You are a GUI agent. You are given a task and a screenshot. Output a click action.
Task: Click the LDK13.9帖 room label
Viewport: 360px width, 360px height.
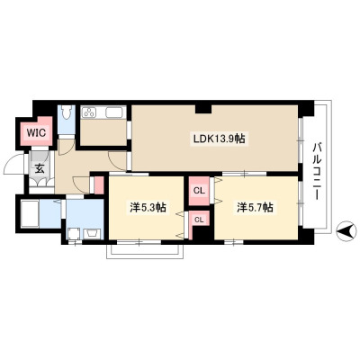220,139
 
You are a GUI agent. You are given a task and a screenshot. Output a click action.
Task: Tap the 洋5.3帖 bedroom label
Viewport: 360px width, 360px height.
148,208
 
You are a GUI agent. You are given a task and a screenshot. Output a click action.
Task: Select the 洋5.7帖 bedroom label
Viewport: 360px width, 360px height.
256,208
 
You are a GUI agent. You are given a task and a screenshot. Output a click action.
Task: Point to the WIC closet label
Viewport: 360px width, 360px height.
37,132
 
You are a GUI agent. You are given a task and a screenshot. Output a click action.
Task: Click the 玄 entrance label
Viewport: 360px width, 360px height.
40,168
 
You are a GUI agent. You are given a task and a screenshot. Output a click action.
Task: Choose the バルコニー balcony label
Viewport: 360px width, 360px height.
317,172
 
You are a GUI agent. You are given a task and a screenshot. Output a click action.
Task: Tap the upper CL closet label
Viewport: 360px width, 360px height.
199,191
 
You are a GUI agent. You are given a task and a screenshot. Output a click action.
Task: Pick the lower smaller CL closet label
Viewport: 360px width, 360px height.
199,220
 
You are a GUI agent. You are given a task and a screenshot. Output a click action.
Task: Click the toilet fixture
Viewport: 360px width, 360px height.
67,113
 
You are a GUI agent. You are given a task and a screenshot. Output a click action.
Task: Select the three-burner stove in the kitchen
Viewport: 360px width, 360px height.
89,112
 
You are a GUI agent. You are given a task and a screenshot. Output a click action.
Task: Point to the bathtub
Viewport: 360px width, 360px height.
30,214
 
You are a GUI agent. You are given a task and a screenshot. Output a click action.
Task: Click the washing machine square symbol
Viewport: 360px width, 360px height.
74,234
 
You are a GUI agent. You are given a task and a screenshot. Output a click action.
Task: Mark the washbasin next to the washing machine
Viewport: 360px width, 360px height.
93,234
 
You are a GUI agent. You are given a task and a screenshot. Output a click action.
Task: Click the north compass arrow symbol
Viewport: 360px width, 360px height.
347,231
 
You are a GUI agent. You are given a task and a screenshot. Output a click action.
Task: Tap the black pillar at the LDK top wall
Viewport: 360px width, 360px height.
203,109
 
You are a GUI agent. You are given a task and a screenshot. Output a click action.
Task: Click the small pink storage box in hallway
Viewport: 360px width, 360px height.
99,185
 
